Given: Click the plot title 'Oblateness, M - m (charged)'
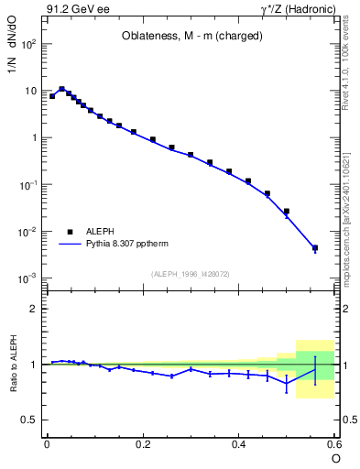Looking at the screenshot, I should coord(192,37).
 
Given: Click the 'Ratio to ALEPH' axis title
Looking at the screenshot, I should coord(14,365).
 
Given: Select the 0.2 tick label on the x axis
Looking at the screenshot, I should coord(143,443).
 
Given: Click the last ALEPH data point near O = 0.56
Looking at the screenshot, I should coord(315,247).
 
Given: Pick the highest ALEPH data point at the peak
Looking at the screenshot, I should coord(61,89).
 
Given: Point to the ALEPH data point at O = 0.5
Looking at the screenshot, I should coord(286,212).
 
